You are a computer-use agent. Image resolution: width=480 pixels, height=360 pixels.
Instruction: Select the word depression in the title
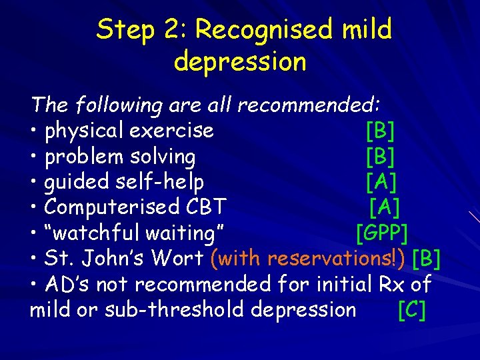(240, 62)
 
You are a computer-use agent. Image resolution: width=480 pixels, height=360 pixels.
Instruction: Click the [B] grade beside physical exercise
(380, 131)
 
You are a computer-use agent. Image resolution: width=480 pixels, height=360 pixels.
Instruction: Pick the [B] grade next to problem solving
(380, 157)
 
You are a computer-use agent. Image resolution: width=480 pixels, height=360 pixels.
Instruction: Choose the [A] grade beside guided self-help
(380, 182)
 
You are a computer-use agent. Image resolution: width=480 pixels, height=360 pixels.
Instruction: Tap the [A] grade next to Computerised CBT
(385, 207)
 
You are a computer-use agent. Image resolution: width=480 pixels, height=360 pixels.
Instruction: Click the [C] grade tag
(411, 310)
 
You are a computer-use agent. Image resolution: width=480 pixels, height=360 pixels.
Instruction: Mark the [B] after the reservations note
(427, 259)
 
